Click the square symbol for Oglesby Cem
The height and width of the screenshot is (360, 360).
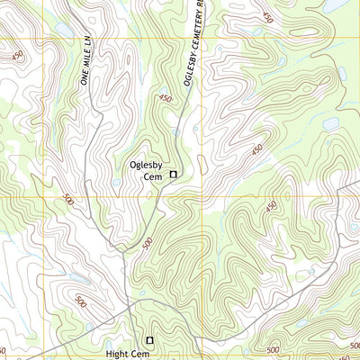tap(174, 174)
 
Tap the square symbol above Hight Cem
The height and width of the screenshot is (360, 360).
tap(150, 340)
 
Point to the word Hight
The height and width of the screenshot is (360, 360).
tap(117, 355)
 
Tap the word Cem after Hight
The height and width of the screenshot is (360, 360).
tap(139, 355)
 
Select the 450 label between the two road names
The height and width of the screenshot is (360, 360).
tap(165, 100)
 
